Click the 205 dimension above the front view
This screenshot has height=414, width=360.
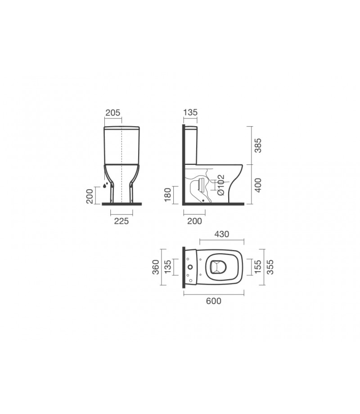coord(112,113)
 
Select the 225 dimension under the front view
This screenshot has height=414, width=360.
coord(121,221)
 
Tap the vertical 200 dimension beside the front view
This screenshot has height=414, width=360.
coord(90,196)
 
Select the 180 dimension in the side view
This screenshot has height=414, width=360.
coord(168,195)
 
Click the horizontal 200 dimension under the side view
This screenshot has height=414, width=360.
coord(194,221)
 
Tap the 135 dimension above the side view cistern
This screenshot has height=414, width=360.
coord(190,112)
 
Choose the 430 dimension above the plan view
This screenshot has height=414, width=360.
coord(222,234)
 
